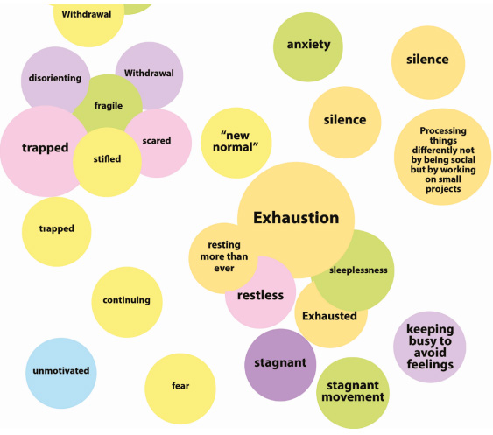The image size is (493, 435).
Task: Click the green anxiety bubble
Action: [308, 47]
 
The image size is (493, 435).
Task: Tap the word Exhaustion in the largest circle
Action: [296, 217]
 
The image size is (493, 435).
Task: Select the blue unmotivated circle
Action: [61, 374]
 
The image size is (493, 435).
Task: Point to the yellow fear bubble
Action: [180, 389]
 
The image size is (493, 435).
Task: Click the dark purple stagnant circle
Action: [280, 365]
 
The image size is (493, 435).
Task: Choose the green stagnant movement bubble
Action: [353, 393]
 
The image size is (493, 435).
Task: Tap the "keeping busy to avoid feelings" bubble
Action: [430, 347]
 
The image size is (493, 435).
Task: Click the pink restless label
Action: [260, 295]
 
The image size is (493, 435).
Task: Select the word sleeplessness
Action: [358, 270]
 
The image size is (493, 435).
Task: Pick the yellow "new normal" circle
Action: [236, 143]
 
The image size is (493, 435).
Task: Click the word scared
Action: [157, 141]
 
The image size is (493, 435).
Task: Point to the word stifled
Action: [107, 158]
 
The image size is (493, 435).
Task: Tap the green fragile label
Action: [109, 106]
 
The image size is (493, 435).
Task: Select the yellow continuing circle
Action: [127, 302]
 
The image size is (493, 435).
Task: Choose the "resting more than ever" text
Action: [224, 256]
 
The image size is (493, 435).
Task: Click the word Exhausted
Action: [329, 316]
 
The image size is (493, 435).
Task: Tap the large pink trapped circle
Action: [44, 151]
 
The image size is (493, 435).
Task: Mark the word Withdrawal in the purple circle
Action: [149, 73]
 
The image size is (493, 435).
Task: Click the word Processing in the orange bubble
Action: [443, 130]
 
